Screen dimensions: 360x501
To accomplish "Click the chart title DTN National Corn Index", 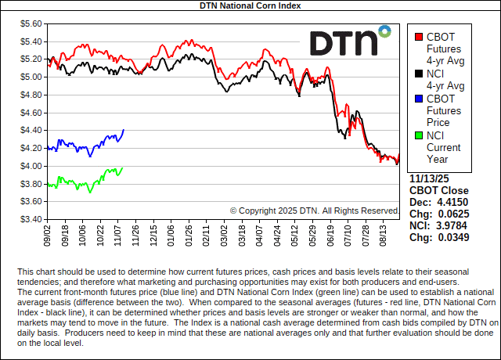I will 250,5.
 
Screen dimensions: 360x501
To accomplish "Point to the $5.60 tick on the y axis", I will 31,23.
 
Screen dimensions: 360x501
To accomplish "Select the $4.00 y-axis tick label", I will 31,166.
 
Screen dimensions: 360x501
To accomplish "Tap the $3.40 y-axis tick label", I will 31,219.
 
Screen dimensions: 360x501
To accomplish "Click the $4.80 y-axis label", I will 31,95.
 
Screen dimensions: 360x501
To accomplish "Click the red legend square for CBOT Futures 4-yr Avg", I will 420,37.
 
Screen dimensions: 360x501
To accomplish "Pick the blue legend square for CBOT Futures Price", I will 420,99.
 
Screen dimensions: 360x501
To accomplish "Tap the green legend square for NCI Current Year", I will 420,136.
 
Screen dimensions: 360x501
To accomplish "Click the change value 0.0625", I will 452,214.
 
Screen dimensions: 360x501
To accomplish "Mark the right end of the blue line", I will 124,130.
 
